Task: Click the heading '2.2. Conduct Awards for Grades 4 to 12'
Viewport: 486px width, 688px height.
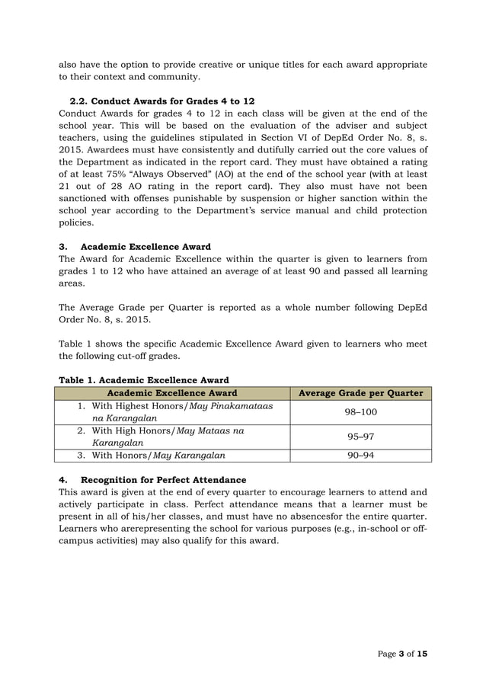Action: [161, 101]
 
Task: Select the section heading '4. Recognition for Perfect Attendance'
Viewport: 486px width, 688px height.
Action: [152, 479]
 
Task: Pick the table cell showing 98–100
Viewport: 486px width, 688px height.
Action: [360, 411]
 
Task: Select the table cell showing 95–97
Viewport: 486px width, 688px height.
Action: [360, 437]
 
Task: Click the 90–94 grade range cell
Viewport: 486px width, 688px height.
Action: [360, 456]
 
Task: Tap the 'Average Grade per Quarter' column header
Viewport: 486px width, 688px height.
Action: [360, 393]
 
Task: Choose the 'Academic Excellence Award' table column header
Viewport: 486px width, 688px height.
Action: [171, 393]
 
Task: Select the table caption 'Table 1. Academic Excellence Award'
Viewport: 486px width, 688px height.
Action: [144, 379]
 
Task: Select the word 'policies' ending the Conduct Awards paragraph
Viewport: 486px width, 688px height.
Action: [76, 223]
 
